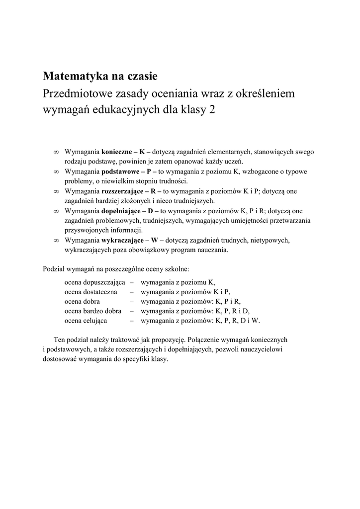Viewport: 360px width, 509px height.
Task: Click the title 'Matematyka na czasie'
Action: pos(100,77)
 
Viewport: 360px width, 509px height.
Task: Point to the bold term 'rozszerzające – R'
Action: pos(131,191)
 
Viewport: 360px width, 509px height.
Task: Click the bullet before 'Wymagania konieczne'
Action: pos(56,152)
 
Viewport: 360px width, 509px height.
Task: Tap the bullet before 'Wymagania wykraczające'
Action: pos(56,241)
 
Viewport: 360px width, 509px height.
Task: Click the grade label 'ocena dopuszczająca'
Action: pos(94,282)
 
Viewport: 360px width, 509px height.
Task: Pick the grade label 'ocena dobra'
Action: pos(82,301)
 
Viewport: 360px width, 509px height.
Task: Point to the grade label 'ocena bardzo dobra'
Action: pos(93,311)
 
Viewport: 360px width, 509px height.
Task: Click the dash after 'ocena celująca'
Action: pos(132,321)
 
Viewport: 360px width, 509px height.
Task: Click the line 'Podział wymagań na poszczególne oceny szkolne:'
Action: pos(116,269)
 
